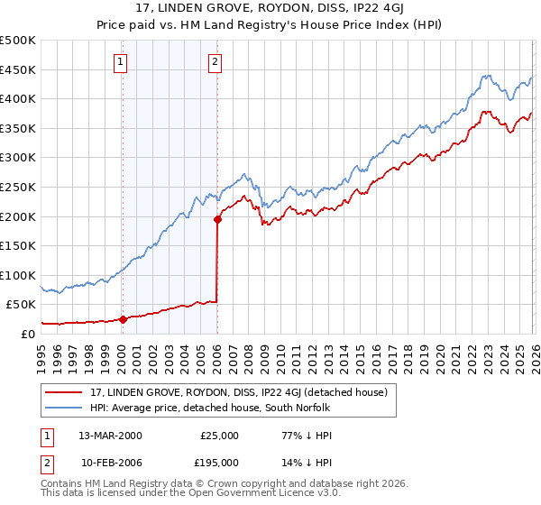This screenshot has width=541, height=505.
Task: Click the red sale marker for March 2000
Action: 123,318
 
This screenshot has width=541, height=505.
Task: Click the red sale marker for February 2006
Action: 217,218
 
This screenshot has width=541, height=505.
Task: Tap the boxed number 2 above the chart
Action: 215,62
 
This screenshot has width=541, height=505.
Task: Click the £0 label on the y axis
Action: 27,334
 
